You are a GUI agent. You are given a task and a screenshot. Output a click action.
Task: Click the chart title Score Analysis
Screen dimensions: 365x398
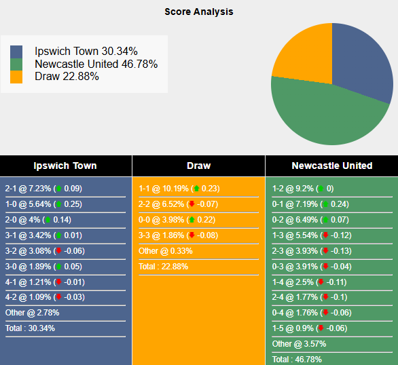coord(198,12)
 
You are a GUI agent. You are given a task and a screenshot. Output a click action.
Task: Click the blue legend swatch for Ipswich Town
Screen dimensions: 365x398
coord(16,52)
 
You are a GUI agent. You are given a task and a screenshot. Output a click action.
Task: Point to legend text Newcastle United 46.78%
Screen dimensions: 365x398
coord(96,64)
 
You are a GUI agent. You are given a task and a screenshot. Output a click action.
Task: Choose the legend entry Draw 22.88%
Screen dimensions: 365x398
coord(67,76)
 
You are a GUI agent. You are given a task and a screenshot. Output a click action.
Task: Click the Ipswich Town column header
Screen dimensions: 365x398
coord(65,166)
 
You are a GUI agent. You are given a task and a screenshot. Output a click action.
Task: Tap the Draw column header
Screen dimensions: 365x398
coord(198,166)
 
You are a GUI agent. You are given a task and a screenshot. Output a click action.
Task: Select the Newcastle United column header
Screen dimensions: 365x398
coord(331,166)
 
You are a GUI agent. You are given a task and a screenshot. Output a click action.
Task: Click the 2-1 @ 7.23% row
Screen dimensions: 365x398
coord(43,189)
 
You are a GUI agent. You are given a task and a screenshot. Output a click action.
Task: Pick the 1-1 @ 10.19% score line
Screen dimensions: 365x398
coord(179,189)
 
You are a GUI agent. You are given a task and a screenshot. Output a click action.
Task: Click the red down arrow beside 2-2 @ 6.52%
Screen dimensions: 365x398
coord(192,204)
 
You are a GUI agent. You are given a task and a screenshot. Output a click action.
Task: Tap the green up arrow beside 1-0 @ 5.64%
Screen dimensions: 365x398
coord(58,204)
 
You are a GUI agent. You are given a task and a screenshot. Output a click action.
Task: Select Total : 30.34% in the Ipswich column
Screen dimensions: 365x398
coord(30,328)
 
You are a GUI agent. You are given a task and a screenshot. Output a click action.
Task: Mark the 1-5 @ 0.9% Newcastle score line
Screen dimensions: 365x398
coord(309,328)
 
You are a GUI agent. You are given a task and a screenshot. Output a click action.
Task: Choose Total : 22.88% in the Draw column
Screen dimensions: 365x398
coord(163,267)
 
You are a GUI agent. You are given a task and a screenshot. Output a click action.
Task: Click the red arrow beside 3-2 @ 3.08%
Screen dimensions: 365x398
coord(58,251)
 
